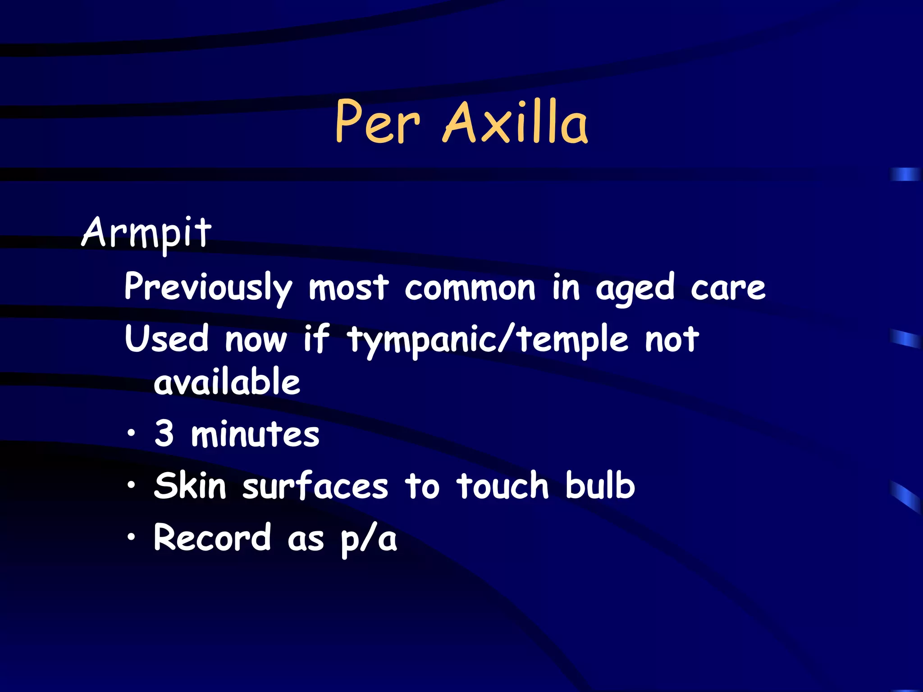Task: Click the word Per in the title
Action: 378,122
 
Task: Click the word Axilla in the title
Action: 516,122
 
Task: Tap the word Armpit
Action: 146,233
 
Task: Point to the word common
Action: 470,288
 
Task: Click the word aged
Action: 635,288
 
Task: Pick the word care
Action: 728,288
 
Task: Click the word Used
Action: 167,339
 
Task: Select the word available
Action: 227,382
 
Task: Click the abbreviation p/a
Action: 369,540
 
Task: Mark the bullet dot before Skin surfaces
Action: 131,485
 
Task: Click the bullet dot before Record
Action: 131,537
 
